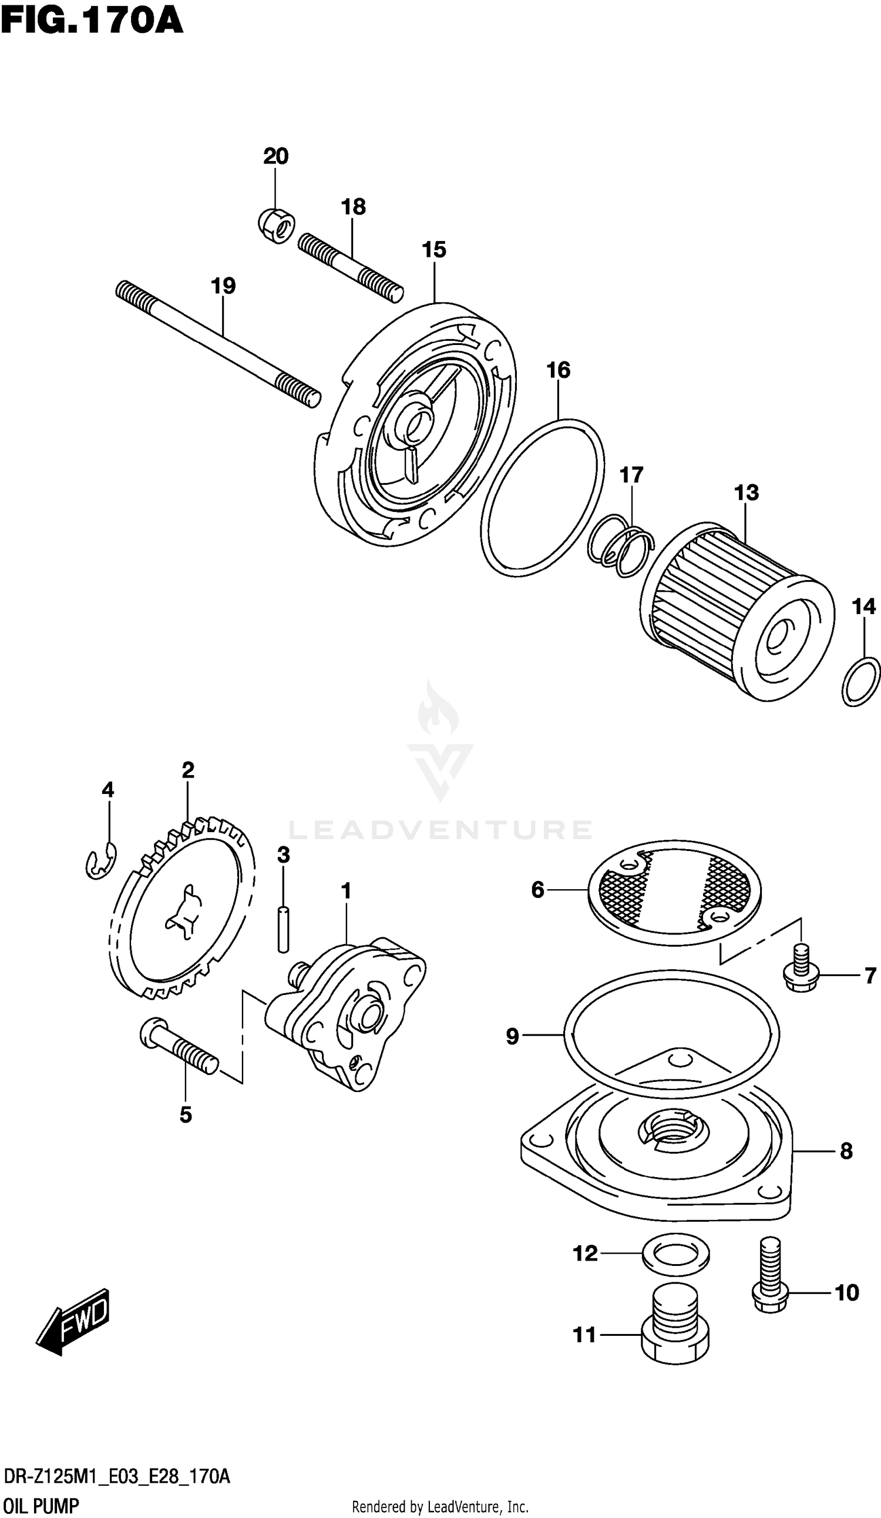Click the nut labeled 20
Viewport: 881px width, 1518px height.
click(x=277, y=226)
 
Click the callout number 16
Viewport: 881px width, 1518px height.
click(x=558, y=370)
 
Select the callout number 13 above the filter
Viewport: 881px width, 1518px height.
click(x=746, y=492)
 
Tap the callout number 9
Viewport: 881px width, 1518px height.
click(x=512, y=1036)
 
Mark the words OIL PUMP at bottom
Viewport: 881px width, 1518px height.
click(x=41, y=1506)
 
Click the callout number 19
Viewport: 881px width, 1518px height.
click(x=223, y=286)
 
